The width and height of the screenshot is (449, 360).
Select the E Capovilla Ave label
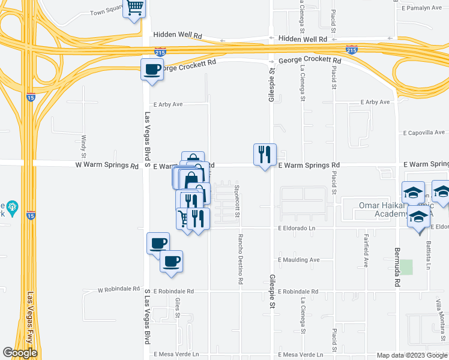[424, 132]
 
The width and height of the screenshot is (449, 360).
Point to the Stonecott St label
[237, 201]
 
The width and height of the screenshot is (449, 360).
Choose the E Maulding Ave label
[299, 260]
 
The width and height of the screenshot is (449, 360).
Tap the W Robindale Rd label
[119, 289]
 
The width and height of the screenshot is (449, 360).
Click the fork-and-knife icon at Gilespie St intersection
[265, 154]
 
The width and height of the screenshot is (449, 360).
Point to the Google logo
[20, 353]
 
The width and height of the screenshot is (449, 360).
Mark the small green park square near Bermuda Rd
[407, 267]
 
